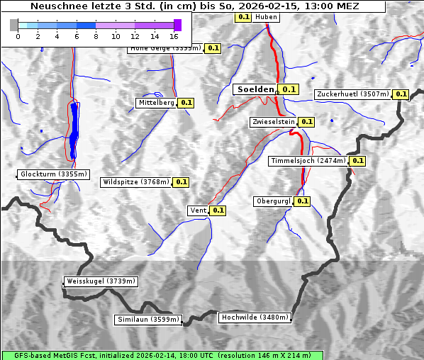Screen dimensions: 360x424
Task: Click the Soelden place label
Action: (x=255, y=89)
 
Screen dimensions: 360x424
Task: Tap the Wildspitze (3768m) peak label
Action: (x=136, y=182)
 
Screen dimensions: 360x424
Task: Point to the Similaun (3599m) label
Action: (x=148, y=320)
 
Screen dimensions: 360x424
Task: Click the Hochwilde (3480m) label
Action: (x=255, y=317)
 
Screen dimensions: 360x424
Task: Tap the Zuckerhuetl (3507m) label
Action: (x=352, y=94)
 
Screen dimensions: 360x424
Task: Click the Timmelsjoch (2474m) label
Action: (x=308, y=161)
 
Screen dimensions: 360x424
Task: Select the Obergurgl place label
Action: (x=273, y=201)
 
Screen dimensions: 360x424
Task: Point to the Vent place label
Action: (x=198, y=210)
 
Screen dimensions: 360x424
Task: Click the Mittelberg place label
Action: (x=156, y=103)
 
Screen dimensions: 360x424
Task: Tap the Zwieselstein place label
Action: (x=272, y=122)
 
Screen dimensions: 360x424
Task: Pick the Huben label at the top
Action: (x=266, y=16)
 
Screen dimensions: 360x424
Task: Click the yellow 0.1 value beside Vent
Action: (x=218, y=210)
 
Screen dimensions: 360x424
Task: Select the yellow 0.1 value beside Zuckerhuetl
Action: (x=401, y=94)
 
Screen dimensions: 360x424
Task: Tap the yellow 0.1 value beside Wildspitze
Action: (x=182, y=182)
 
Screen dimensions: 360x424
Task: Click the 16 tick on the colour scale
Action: (x=174, y=35)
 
